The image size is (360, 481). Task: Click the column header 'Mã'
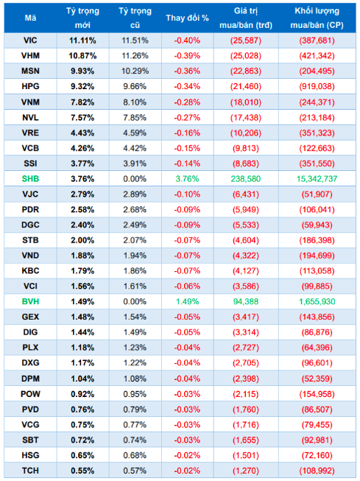coord(30,17)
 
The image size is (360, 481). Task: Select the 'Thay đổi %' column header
coord(187,17)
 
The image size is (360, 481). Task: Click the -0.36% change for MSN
coord(187,71)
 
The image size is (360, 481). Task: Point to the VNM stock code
coord(30,102)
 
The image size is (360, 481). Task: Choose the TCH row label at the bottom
coord(30,470)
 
